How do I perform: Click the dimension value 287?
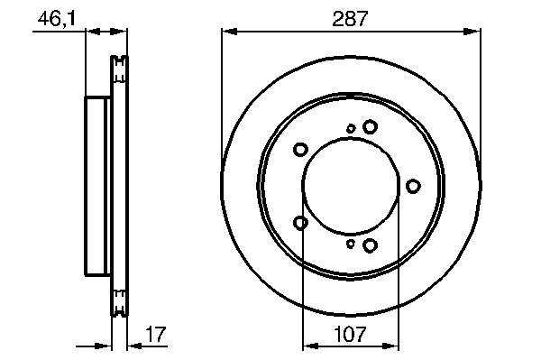[350, 19]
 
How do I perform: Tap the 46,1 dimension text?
[57, 19]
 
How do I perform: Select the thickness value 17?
[156, 334]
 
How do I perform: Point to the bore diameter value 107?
[350, 335]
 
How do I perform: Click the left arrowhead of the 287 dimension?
[229, 32]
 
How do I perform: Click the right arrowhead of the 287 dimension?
[472, 32]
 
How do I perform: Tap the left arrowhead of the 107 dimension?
[310, 346]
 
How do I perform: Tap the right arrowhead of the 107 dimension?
[390, 346]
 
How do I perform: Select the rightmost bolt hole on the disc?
[413, 187]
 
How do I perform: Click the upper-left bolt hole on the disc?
[300, 150]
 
